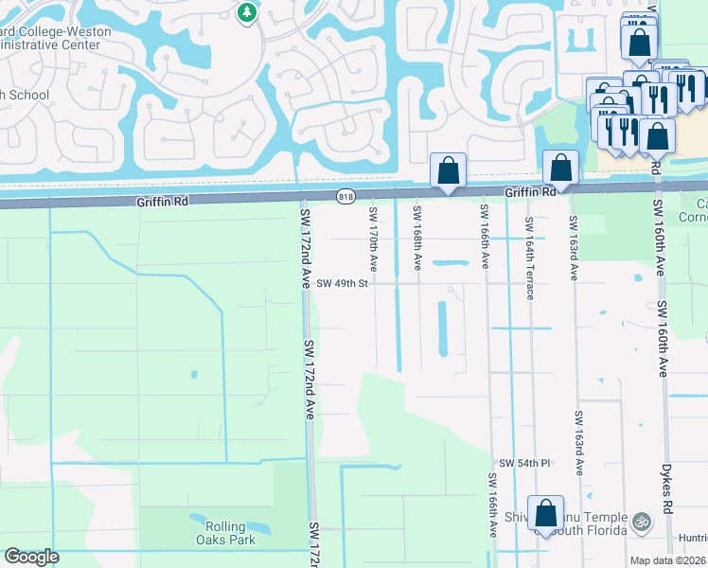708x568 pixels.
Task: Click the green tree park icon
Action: [247, 12]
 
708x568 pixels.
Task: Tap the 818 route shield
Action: [345, 196]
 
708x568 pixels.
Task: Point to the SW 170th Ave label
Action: [373, 237]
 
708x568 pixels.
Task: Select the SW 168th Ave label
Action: [416, 237]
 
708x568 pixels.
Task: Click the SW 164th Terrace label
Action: [529, 258]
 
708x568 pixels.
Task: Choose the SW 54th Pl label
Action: [525, 462]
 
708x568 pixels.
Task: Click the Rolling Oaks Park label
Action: [221, 533]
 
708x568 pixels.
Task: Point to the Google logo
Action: [31, 556]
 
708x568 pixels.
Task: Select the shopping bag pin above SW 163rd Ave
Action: [560, 168]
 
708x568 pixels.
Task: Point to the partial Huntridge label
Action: [693, 538]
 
